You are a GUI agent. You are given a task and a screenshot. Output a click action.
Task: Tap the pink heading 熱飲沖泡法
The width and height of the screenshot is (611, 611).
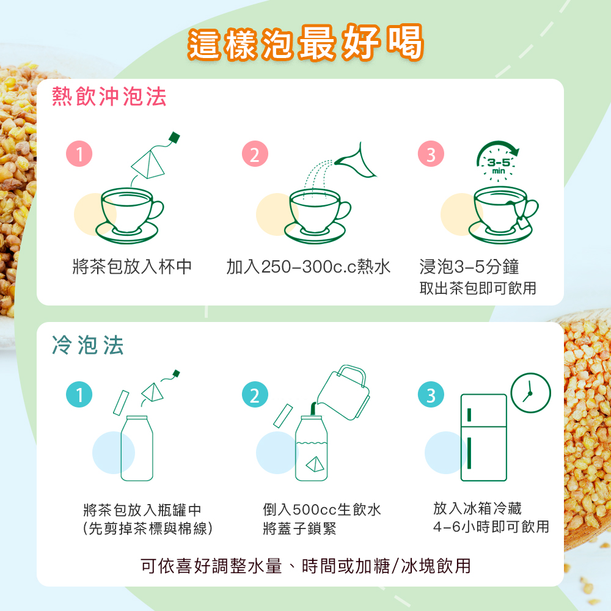coord(109,97)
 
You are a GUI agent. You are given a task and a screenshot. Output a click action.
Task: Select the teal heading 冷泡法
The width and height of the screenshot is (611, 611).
coord(88,345)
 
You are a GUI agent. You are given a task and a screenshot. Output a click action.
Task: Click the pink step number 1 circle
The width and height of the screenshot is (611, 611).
coord(79,155)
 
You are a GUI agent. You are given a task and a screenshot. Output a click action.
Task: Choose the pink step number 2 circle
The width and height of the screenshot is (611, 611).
coord(255,155)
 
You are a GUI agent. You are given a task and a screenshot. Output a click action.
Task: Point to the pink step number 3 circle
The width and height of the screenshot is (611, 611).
coord(431,155)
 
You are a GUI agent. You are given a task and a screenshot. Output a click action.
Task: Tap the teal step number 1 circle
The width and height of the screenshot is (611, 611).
coord(79,396)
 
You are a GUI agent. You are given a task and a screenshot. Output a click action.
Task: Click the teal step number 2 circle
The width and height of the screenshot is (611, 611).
coord(255,396)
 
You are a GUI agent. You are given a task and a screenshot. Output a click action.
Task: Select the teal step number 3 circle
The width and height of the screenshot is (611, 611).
coord(431,396)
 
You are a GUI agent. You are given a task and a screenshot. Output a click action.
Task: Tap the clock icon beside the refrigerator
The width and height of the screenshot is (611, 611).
coord(530,392)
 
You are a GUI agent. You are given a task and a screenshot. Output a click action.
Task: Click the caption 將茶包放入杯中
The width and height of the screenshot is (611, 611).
coord(132,266)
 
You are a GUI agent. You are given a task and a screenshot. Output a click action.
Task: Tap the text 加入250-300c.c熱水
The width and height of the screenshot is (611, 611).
coord(308,266)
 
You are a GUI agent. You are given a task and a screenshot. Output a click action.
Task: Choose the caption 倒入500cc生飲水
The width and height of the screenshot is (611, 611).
coord(322,510)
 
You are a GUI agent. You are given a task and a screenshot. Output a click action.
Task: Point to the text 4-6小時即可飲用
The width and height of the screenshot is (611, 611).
coord(491,527)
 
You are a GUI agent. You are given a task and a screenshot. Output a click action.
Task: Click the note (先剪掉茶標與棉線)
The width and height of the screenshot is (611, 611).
coord(147,529)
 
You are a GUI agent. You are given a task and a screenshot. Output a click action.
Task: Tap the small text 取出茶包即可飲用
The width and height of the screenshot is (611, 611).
coord(478,288)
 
